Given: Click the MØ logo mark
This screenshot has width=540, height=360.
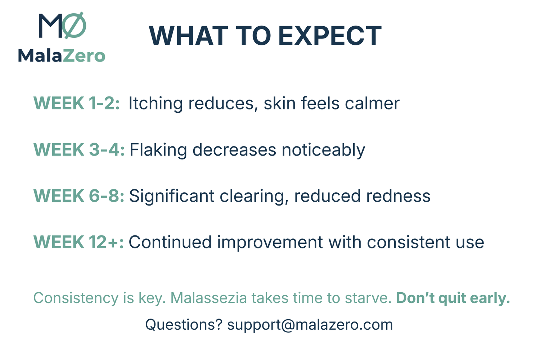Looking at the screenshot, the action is coord(62,25).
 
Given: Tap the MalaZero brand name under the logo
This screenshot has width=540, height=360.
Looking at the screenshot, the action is coord(62,56).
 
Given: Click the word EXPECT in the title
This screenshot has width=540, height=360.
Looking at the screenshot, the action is coord(330,36).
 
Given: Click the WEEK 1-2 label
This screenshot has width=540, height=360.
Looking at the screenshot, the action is coord(76,103).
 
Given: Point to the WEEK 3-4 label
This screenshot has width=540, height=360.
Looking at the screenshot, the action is coord(79,149).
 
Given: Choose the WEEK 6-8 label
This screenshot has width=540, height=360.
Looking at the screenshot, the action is coord(79,195).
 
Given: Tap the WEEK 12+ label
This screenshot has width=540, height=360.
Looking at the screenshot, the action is coord(78,242).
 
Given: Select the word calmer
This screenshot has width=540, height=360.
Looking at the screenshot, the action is coord(372,103).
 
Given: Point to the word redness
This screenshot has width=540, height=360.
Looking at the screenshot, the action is coord(398,195).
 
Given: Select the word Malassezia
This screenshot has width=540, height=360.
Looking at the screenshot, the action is coord(208,298).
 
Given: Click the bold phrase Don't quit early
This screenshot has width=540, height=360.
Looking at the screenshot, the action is coord(453,298).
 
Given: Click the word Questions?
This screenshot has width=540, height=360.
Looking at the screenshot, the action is coord(184,325).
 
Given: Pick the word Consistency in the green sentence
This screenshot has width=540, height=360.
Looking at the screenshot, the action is coord(76,298).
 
